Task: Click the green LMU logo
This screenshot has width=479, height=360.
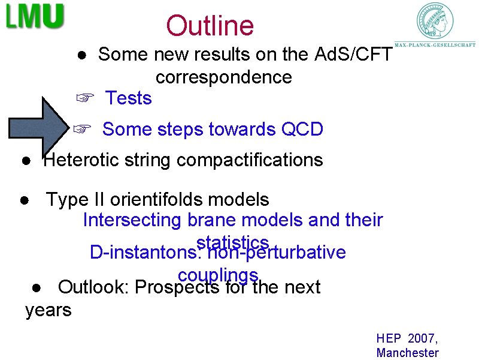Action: pyautogui.click(x=35, y=16)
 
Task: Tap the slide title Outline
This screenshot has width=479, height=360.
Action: pyautogui.click(x=210, y=26)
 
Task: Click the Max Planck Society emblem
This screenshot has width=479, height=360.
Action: pyautogui.click(x=435, y=22)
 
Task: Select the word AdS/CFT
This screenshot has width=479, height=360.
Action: pyautogui.click(x=353, y=55)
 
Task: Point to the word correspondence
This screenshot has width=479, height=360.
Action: pyautogui.click(x=223, y=77)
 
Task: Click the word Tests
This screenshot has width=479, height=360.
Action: pyautogui.click(x=128, y=98)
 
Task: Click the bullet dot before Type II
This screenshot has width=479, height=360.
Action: pyautogui.click(x=23, y=200)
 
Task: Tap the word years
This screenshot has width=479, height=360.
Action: pyautogui.click(x=48, y=310)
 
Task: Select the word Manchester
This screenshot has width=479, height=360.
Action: pyautogui.click(x=407, y=353)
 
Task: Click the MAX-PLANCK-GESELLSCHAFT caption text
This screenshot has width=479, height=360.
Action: pyautogui.click(x=435, y=44)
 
